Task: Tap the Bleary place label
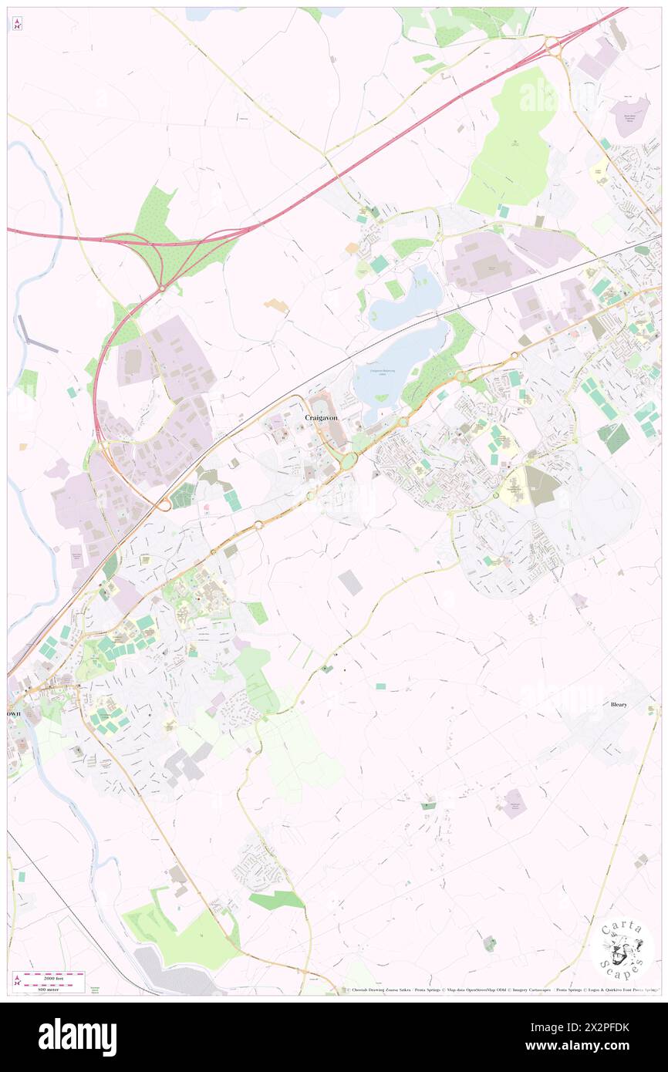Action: tap(619, 704)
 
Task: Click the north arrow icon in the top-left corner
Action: tap(17, 23)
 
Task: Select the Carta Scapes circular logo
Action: tap(622, 949)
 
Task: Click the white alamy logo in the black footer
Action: tap(77, 1037)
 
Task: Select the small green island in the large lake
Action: tap(381, 398)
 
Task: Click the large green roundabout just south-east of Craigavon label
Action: tap(348, 460)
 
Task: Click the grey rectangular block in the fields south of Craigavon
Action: tap(350, 582)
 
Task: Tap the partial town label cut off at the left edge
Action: tap(13, 713)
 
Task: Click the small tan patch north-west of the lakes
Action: tap(275, 306)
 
